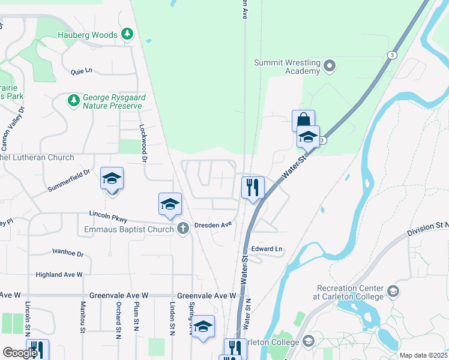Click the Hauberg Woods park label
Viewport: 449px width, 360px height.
tap(88, 35)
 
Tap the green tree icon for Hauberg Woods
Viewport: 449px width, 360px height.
tap(127, 34)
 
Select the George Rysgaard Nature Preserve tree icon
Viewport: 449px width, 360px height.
tap(73, 101)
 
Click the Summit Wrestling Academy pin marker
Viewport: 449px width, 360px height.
tap(329, 66)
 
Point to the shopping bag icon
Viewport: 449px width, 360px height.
tap(303, 120)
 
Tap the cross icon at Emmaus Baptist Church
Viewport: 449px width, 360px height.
tap(183, 228)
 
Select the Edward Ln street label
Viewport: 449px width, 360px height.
tap(267, 248)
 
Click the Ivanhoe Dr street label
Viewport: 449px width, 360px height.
tap(68, 253)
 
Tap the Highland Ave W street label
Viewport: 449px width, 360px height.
tap(59, 274)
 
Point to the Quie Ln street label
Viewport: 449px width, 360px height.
tap(81, 71)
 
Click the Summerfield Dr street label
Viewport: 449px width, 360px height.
tap(69, 181)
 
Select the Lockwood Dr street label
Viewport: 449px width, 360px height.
tap(143, 143)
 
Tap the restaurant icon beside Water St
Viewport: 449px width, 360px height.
tap(253, 187)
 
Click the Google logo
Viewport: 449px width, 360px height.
tap(20, 352)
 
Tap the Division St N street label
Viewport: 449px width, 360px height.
tap(427, 229)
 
